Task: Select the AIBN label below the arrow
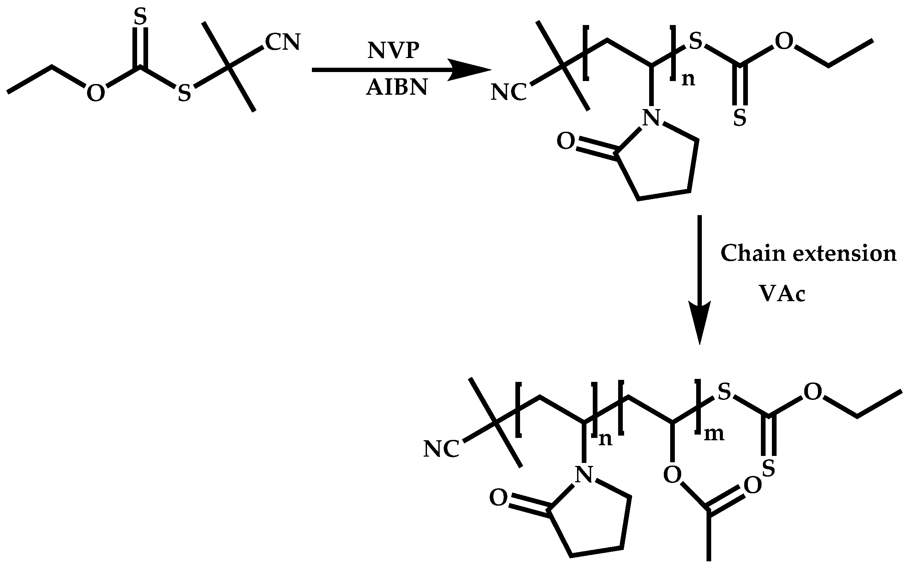[x=397, y=88]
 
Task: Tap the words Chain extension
[x=808, y=253]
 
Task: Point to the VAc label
[x=782, y=293]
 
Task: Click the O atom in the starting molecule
[x=96, y=93]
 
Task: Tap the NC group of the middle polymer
[x=508, y=92]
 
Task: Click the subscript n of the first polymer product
[x=688, y=79]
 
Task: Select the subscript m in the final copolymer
[x=714, y=434]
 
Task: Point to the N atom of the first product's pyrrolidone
[x=651, y=118]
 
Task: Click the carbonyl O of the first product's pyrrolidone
[x=565, y=142]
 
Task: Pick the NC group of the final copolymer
[x=441, y=449]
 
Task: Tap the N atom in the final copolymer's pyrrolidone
[x=584, y=474]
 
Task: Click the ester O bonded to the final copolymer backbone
[x=672, y=475]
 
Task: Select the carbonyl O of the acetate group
[x=753, y=486]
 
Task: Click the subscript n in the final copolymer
[x=605, y=439]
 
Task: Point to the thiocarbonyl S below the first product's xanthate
[x=740, y=118]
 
